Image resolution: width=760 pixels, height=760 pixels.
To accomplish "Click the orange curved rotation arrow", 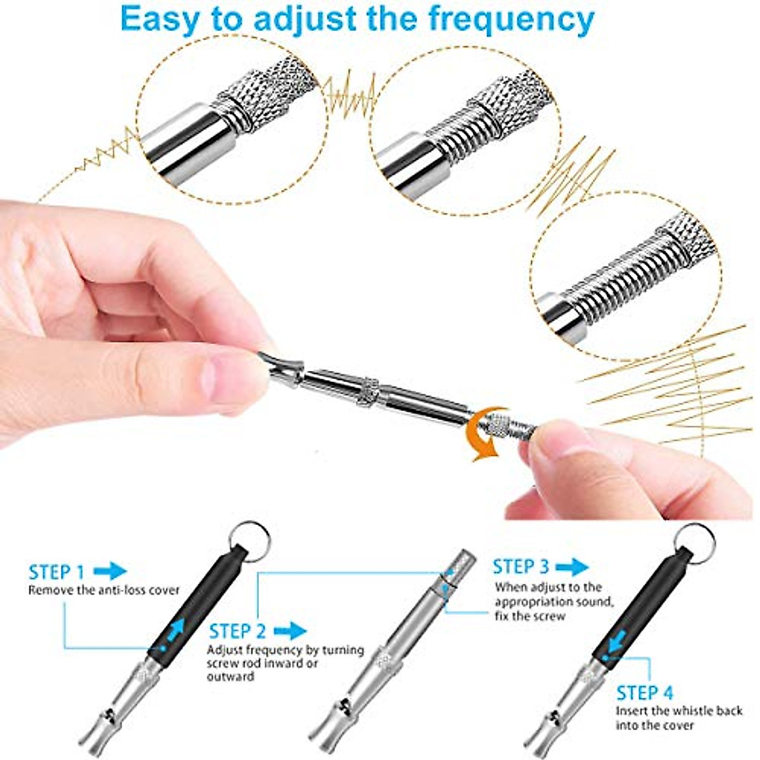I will point(484,437).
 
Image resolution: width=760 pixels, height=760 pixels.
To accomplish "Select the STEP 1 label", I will point(56,573).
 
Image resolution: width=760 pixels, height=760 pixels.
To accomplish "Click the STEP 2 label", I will point(237,631).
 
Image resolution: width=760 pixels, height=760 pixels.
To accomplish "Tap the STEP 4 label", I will point(645,692).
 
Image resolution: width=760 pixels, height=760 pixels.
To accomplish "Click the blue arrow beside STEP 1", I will point(110,571).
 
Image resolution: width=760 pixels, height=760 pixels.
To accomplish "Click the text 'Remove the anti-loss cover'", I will point(104,590).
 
